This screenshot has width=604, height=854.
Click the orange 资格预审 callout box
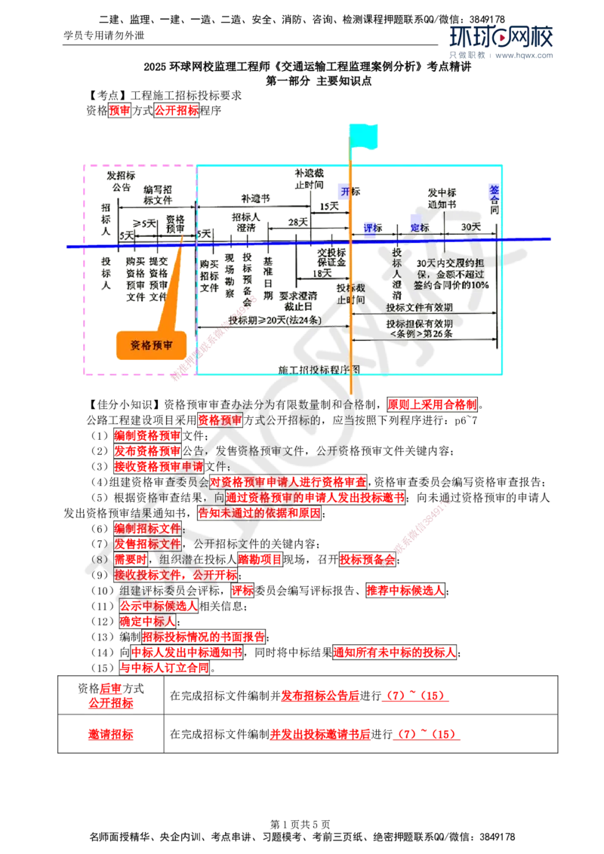point(151,346)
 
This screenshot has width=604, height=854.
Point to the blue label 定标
point(419,228)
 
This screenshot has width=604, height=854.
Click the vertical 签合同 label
point(495,201)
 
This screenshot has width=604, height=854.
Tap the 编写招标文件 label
point(158,195)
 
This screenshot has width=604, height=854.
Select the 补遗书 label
point(256,198)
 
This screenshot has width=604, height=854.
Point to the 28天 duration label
point(296,223)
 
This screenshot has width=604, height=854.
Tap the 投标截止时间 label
point(341,293)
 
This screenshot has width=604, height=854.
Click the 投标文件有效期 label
point(420,308)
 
